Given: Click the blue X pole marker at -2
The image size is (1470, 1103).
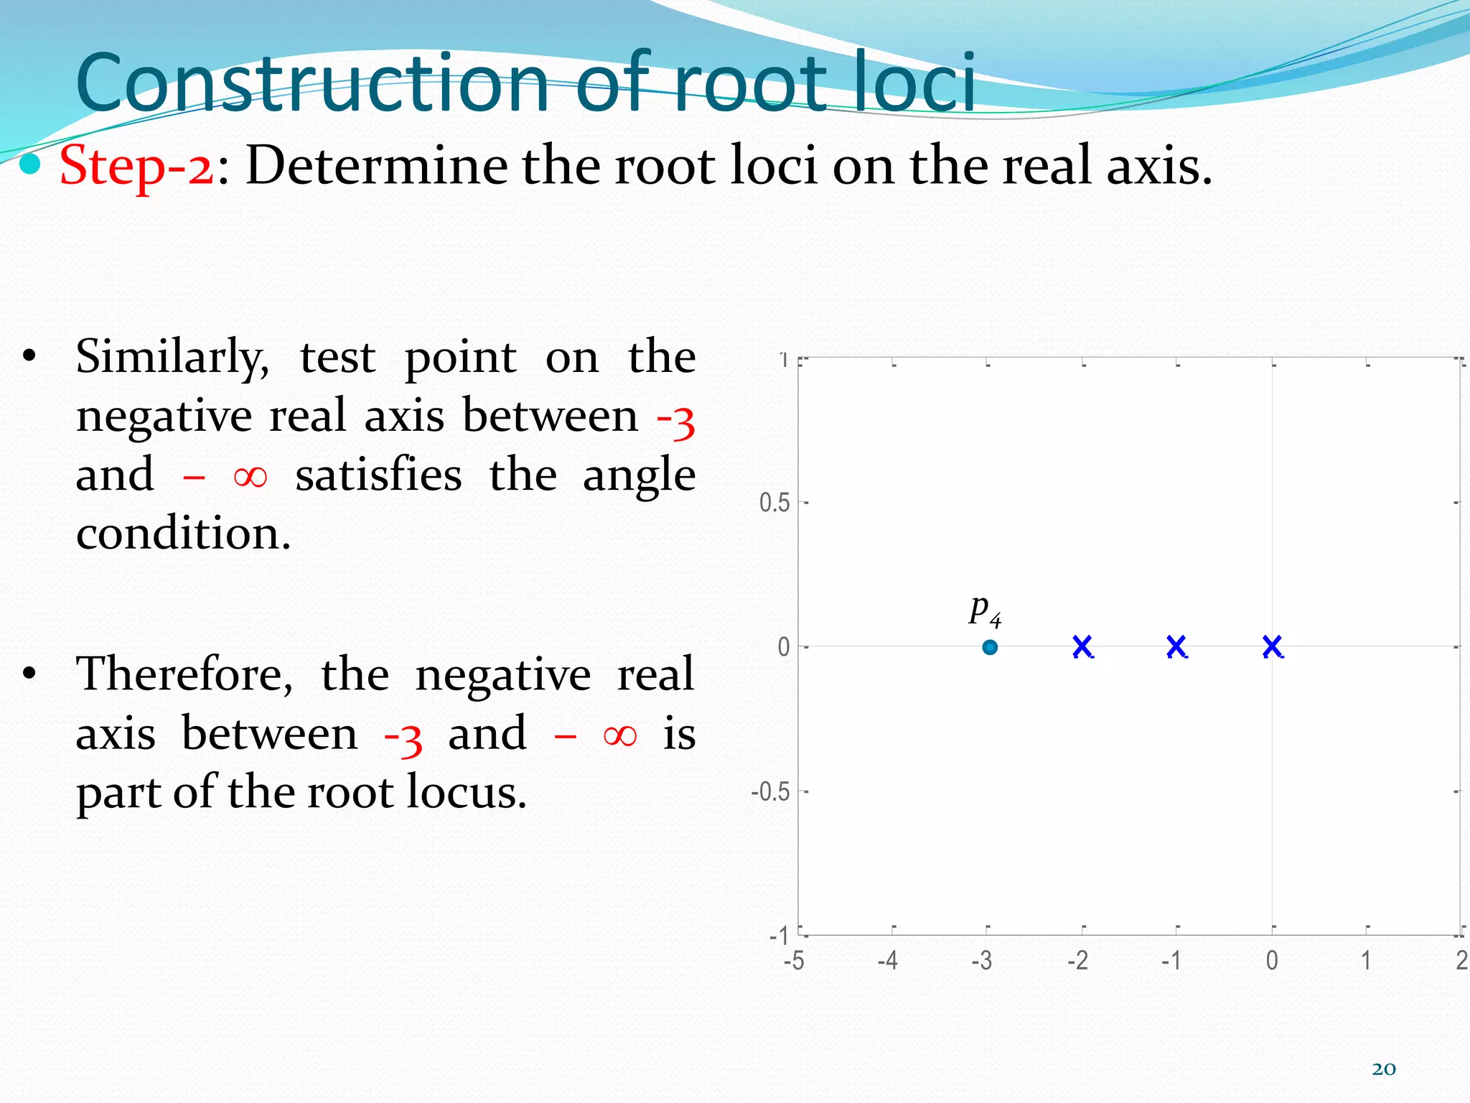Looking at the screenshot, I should coord(1082,646).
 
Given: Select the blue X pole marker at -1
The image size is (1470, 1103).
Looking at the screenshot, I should coord(1176,646).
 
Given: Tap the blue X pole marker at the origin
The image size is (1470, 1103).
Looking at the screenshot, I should coord(1272,646).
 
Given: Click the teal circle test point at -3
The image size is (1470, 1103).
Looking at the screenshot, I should coord(990,647).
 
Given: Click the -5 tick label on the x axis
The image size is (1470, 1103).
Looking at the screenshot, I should coord(793,960).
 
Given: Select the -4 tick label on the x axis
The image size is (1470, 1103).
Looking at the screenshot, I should coord(888,960).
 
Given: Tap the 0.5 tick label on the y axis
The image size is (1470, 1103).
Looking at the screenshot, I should coord(774,503).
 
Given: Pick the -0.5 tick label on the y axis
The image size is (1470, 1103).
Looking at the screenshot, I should coord(769,791).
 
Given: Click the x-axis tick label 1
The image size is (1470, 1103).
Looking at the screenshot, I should coord(1366,960).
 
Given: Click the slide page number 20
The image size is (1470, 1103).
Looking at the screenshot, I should coord(1384,1069).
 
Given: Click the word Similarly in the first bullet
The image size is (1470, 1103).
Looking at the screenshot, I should coord(172,357).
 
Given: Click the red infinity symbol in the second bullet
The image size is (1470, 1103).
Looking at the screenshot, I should coord(619,735).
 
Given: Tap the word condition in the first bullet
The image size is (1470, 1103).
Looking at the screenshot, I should coord(184,534).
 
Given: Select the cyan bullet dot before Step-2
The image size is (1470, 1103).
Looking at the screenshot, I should coord(30,165).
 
